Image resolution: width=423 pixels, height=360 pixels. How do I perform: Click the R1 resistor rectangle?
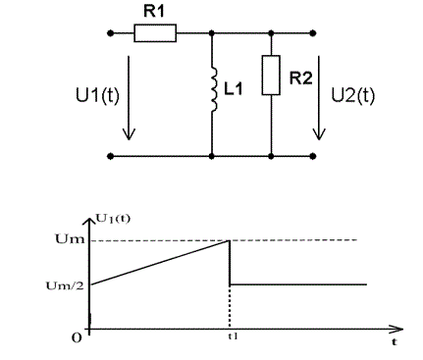155,33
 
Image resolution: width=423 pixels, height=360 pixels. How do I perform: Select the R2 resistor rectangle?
271,76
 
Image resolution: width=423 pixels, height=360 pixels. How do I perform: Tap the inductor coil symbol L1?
213,89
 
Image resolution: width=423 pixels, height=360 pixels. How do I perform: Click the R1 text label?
154,12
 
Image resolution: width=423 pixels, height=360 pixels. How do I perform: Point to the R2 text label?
301,78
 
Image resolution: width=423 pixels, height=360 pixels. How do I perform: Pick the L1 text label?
234,88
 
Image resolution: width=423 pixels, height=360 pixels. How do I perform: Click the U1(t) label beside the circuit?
97,95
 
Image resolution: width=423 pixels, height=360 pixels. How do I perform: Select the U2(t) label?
353,95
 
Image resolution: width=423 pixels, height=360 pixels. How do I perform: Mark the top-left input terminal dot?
111,33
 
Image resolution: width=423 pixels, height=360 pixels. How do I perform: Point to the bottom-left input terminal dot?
111,156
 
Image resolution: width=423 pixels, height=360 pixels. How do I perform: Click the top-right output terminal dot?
313,33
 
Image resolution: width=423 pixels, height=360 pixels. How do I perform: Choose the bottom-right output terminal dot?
313,156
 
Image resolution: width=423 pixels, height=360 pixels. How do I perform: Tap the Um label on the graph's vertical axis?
70,239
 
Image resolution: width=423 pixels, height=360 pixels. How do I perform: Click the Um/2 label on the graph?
65,285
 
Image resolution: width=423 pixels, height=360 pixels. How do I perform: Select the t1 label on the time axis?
233,335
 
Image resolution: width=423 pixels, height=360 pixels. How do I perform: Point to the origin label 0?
77,338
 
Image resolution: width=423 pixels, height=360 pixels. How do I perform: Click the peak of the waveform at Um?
230,240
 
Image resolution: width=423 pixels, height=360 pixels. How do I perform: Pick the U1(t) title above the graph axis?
113,219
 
